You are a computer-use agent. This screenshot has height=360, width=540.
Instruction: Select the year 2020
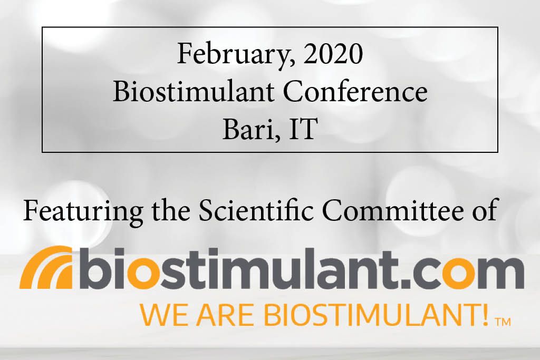pos(333,54)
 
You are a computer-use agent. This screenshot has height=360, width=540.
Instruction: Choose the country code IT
pos(302,129)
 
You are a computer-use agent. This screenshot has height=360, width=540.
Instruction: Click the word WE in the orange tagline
pos(163,315)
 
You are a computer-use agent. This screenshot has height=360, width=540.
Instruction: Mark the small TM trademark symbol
pos(502,322)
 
